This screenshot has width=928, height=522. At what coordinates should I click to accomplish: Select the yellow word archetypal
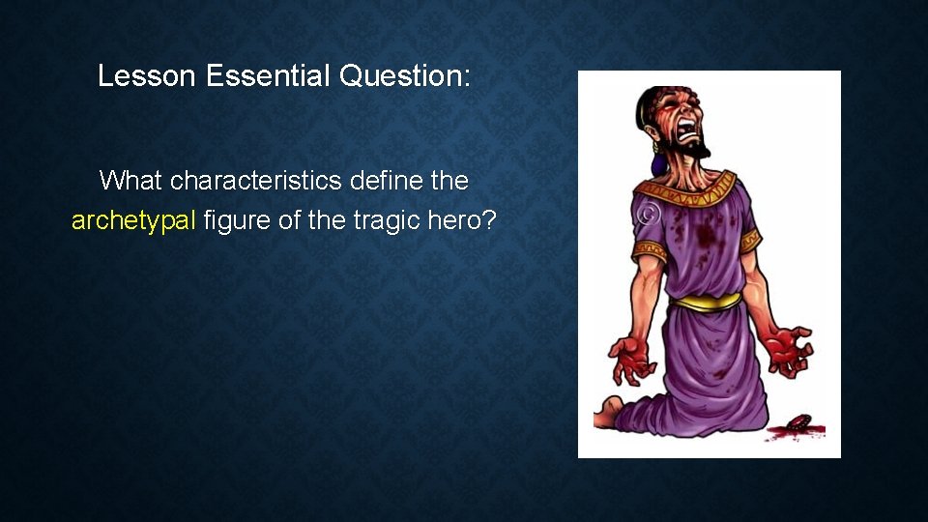pos(134,221)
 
